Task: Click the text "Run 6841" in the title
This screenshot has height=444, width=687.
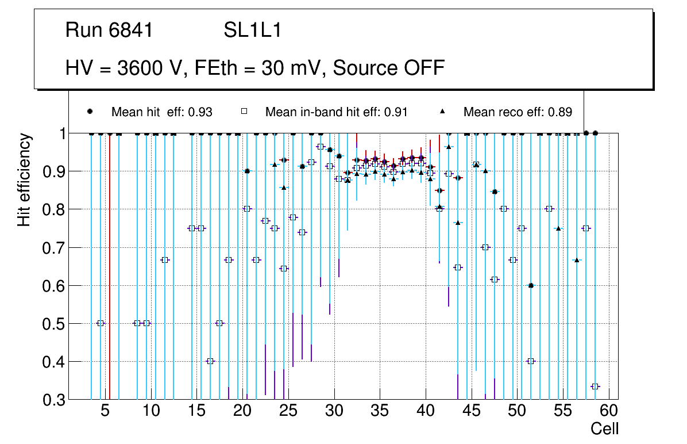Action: [109, 30]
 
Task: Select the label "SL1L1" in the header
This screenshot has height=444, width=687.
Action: [253, 30]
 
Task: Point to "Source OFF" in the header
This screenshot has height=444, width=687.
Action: [389, 68]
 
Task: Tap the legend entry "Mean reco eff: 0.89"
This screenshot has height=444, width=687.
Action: [518, 112]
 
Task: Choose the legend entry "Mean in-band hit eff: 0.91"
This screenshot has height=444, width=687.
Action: [336, 112]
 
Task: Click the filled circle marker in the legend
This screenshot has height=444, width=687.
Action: [90, 112]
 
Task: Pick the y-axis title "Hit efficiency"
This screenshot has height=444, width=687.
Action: [24, 179]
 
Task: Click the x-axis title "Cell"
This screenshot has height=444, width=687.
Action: [605, 428]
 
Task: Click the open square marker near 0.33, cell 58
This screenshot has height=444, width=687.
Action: [595, 386]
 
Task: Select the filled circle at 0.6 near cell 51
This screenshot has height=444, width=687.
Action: [531, 285]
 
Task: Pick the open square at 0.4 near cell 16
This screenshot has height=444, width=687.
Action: [210, 361]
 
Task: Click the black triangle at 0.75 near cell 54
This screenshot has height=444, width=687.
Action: [558, 228]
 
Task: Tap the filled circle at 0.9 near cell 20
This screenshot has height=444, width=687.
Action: [247, 171]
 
